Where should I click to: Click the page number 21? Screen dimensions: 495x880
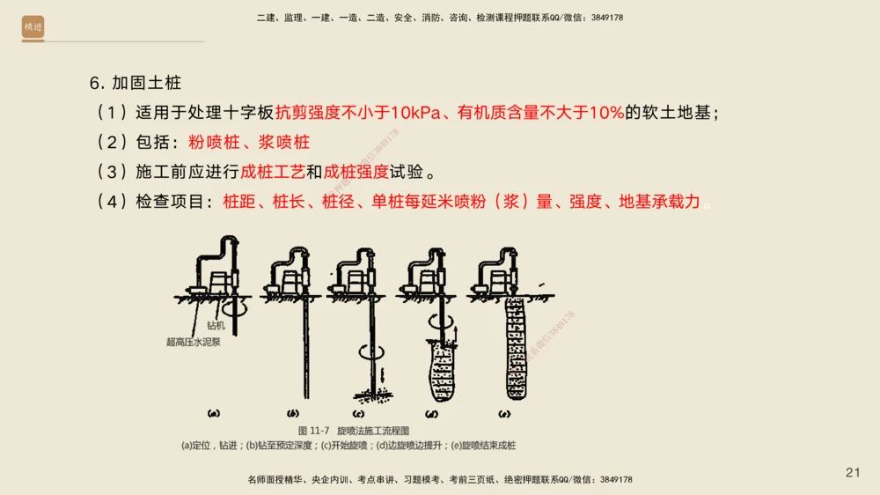pos(853,473)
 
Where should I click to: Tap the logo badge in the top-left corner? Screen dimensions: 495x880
pos(33,27)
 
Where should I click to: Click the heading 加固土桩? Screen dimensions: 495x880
pos(146,84)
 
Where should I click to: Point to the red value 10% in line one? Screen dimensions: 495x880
pos(606,113)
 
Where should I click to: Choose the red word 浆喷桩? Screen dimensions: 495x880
pos(285,142)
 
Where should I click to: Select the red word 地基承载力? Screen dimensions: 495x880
pos(660,202)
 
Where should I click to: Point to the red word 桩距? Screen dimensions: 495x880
pos(239,202)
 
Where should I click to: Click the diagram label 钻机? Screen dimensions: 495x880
pos(216,326)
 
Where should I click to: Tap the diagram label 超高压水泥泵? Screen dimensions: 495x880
pos(194,342)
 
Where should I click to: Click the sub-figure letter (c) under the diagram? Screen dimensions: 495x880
pos(359,412)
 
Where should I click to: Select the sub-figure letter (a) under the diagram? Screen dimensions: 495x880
pos(214,412)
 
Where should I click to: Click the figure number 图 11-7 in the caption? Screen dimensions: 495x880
pos(313,431)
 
